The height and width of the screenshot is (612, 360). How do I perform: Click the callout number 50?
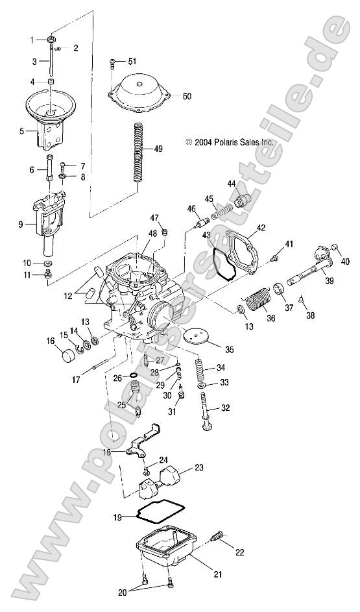coord(187,96)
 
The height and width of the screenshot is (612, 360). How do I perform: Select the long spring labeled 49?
coord(138,153)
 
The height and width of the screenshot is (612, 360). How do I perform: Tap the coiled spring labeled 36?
coord(261,302)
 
